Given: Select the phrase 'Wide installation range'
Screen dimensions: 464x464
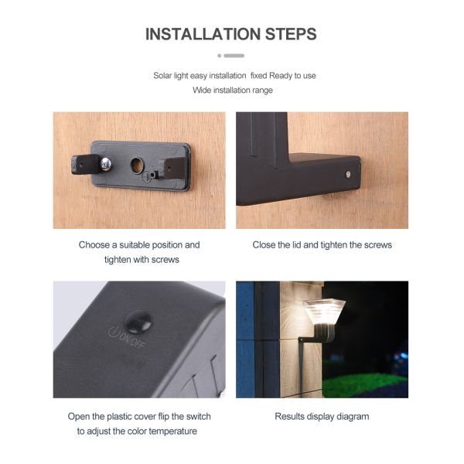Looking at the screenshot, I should tap(232, 90).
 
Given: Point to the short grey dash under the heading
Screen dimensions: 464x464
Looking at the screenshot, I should tap(234, 56).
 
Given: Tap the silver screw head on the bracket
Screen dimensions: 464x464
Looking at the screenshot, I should tap(107, 162).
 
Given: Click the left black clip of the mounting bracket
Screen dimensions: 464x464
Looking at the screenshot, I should tap(85, 163).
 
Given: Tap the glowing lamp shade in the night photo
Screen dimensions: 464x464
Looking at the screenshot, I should tap(324, 313).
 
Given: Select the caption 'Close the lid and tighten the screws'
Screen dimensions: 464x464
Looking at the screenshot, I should tap(322, 245).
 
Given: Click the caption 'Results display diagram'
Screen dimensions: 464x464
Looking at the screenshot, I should tap(322, 417).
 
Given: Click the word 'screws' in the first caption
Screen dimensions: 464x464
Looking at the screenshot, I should tap(164, 260).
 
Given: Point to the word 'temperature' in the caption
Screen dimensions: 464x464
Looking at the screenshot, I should tap(175, 432).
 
